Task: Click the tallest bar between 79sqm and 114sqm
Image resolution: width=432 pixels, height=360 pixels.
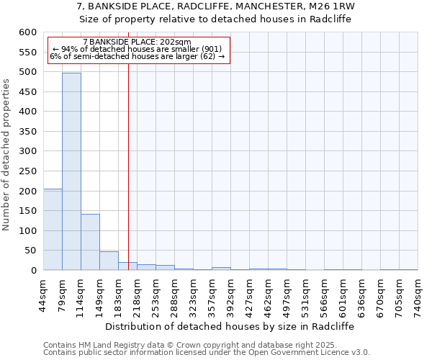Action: tap(71, 171)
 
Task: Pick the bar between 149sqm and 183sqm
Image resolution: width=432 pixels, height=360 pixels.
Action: tap(109, 261)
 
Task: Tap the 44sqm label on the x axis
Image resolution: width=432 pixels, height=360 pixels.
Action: tap(44, 293)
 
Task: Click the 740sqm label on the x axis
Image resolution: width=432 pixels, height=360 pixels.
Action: tap(418, 293)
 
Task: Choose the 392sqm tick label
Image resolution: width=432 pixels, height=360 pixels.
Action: tap(230, 293)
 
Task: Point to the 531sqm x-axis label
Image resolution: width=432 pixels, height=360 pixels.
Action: tap(305, 293)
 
